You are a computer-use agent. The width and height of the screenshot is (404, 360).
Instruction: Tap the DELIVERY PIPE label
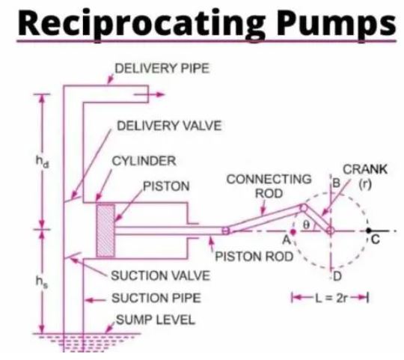(162, 69)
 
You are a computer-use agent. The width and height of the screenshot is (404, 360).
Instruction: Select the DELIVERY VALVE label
(169, 126)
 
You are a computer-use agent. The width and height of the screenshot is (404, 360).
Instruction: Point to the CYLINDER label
(144, 161)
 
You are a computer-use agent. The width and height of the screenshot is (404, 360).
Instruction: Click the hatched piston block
(105, 231)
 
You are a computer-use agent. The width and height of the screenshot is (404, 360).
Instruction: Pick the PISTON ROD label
(254, 257)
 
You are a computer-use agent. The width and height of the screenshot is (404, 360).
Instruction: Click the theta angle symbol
(305, 225)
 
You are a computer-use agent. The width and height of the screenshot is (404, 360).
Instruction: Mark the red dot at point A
(293, 232)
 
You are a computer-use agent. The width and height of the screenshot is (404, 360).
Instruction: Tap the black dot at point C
(369, 230)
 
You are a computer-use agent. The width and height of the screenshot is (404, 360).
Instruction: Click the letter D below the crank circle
(337, 277)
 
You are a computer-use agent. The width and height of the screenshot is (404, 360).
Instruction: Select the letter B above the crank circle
(337, 183)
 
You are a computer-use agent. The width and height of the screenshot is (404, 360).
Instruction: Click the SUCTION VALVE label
(161, 275)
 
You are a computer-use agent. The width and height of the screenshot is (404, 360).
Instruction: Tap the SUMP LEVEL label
(156, 320)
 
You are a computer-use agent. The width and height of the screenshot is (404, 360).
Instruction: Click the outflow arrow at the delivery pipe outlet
(150, 94)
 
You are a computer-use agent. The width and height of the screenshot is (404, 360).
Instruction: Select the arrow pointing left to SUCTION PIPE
(96, 300)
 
